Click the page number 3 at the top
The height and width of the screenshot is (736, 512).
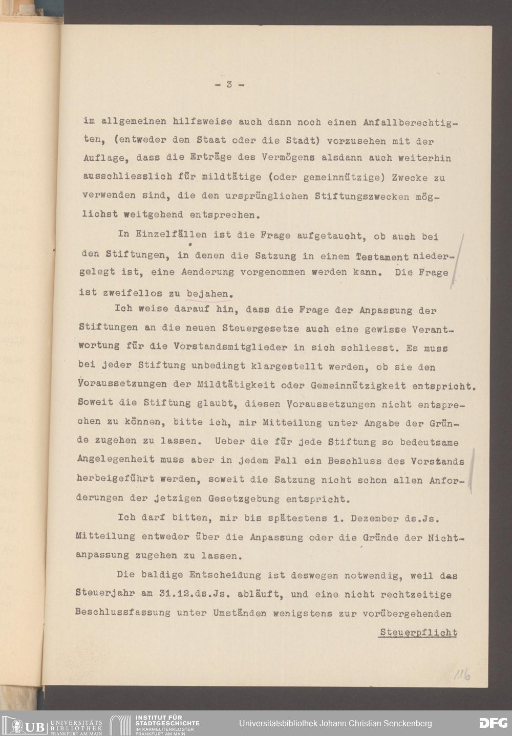(228, 85)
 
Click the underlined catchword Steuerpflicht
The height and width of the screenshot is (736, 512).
(418, 633)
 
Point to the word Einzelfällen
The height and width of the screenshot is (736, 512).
(171, 235)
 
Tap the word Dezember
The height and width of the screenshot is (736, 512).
(375, 518)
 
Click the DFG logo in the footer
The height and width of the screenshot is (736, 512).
(493, 723)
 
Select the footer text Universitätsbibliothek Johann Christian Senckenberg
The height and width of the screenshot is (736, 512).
(335, 723)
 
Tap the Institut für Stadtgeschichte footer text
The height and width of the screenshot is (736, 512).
(166, 723)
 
